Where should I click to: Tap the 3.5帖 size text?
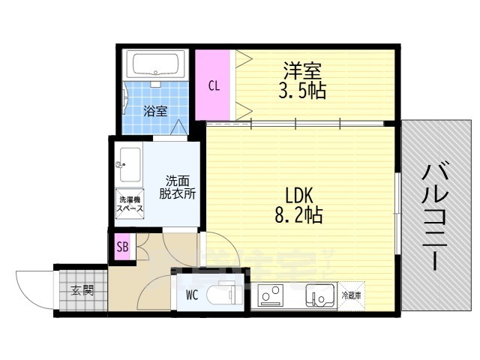(303, 91)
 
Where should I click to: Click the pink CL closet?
(214, 84)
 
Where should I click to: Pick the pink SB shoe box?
(122, 247)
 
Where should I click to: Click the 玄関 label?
(82, 289)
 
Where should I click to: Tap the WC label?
(192, 294)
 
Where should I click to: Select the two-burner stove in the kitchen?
(271, 295)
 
